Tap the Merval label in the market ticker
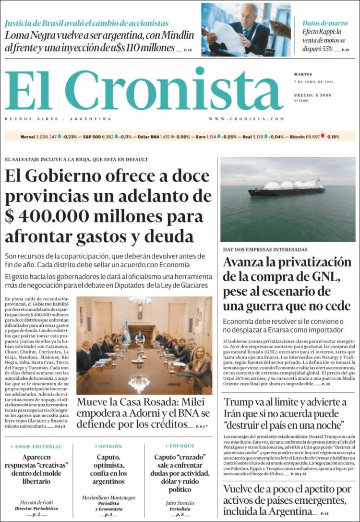tap(27, 137)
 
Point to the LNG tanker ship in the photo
tap(286, 188)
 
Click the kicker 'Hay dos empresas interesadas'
tap(265, 250)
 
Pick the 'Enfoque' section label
tap(182, 446)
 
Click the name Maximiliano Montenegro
tap(108, 497)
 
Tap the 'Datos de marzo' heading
tap(325, 23)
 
